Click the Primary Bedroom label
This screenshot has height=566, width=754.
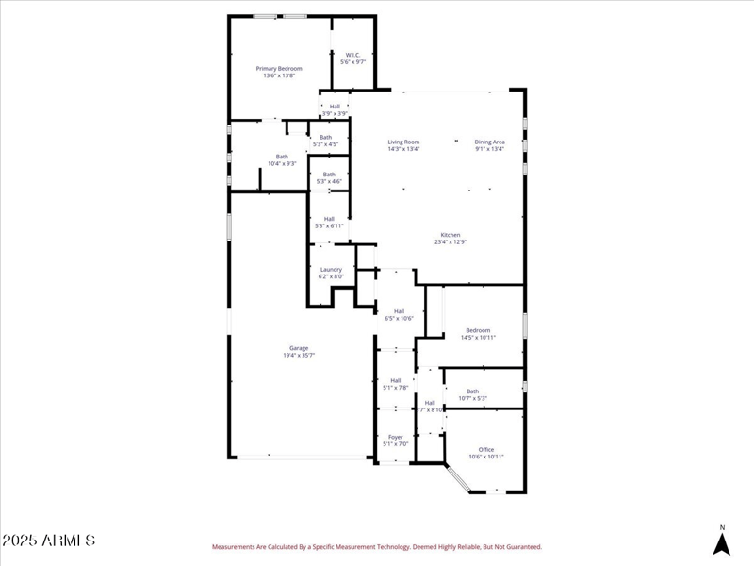click(x=279, y=69)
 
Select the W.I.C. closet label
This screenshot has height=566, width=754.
click(x=353, y=55)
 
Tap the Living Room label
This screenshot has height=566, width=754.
click(x=403, y=141)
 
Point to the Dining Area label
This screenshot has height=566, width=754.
click(x=489, y=141)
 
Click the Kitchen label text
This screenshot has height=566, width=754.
click(x=451, y=234)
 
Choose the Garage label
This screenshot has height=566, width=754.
click(x=299, y=347)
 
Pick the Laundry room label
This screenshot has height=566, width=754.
click(x=331, y=269)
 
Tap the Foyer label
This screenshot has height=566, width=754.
click(x=396, y=437)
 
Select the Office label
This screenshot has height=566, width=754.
click(x=486, y=449)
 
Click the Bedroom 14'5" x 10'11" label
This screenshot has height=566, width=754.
click(x=478, y=330)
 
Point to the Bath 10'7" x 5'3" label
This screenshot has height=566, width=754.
click(x=472, y=391)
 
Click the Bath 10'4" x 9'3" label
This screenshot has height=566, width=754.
click(x=282, y=157)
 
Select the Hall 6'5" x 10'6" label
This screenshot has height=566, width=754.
click(x=399, y=311)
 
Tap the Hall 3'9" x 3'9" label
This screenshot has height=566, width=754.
click(x=335, y=107)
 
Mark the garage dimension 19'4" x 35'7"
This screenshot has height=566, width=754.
click(x=299, y=356)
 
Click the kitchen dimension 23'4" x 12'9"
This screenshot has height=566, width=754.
click(x=451, y=242)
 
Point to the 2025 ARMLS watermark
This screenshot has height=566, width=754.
click(x=48, y=541)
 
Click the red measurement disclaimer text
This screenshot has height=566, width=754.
click(x=376, y=546)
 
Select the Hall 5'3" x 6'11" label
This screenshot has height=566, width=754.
click(x=329, y=219)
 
